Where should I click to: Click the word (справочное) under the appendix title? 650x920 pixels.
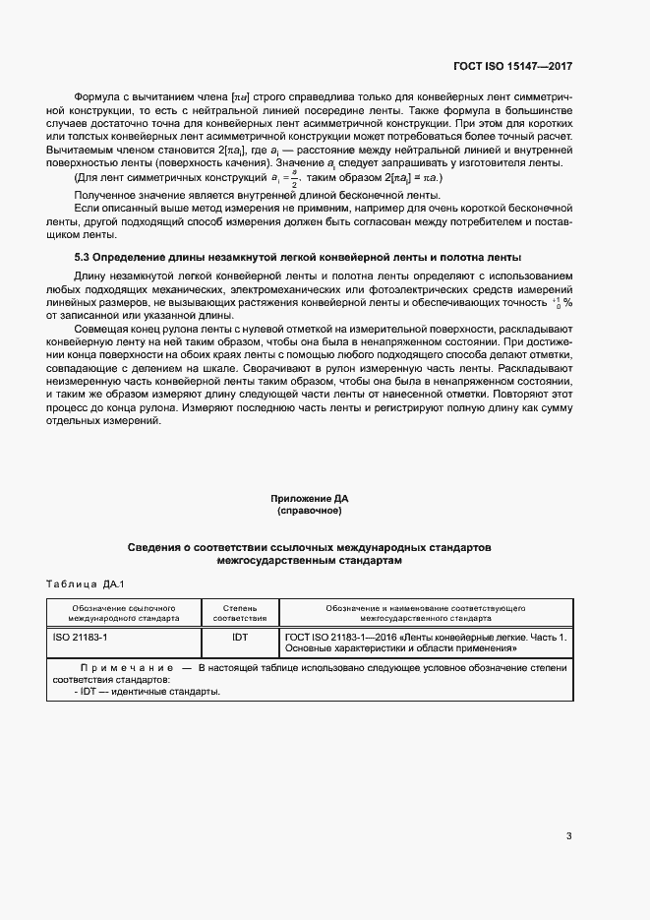point(310,513)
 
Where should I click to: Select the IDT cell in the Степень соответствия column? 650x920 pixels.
point(240,638)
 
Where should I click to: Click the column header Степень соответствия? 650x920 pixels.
point(240,614)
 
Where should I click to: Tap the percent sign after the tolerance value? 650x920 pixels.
point(567,303)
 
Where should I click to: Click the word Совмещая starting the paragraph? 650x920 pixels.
point(99,328)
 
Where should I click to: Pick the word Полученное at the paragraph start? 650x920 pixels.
point(103,196)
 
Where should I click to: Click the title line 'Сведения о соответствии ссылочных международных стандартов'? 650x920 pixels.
point(310,546)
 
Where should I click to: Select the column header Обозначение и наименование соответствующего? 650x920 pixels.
point(424,608)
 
